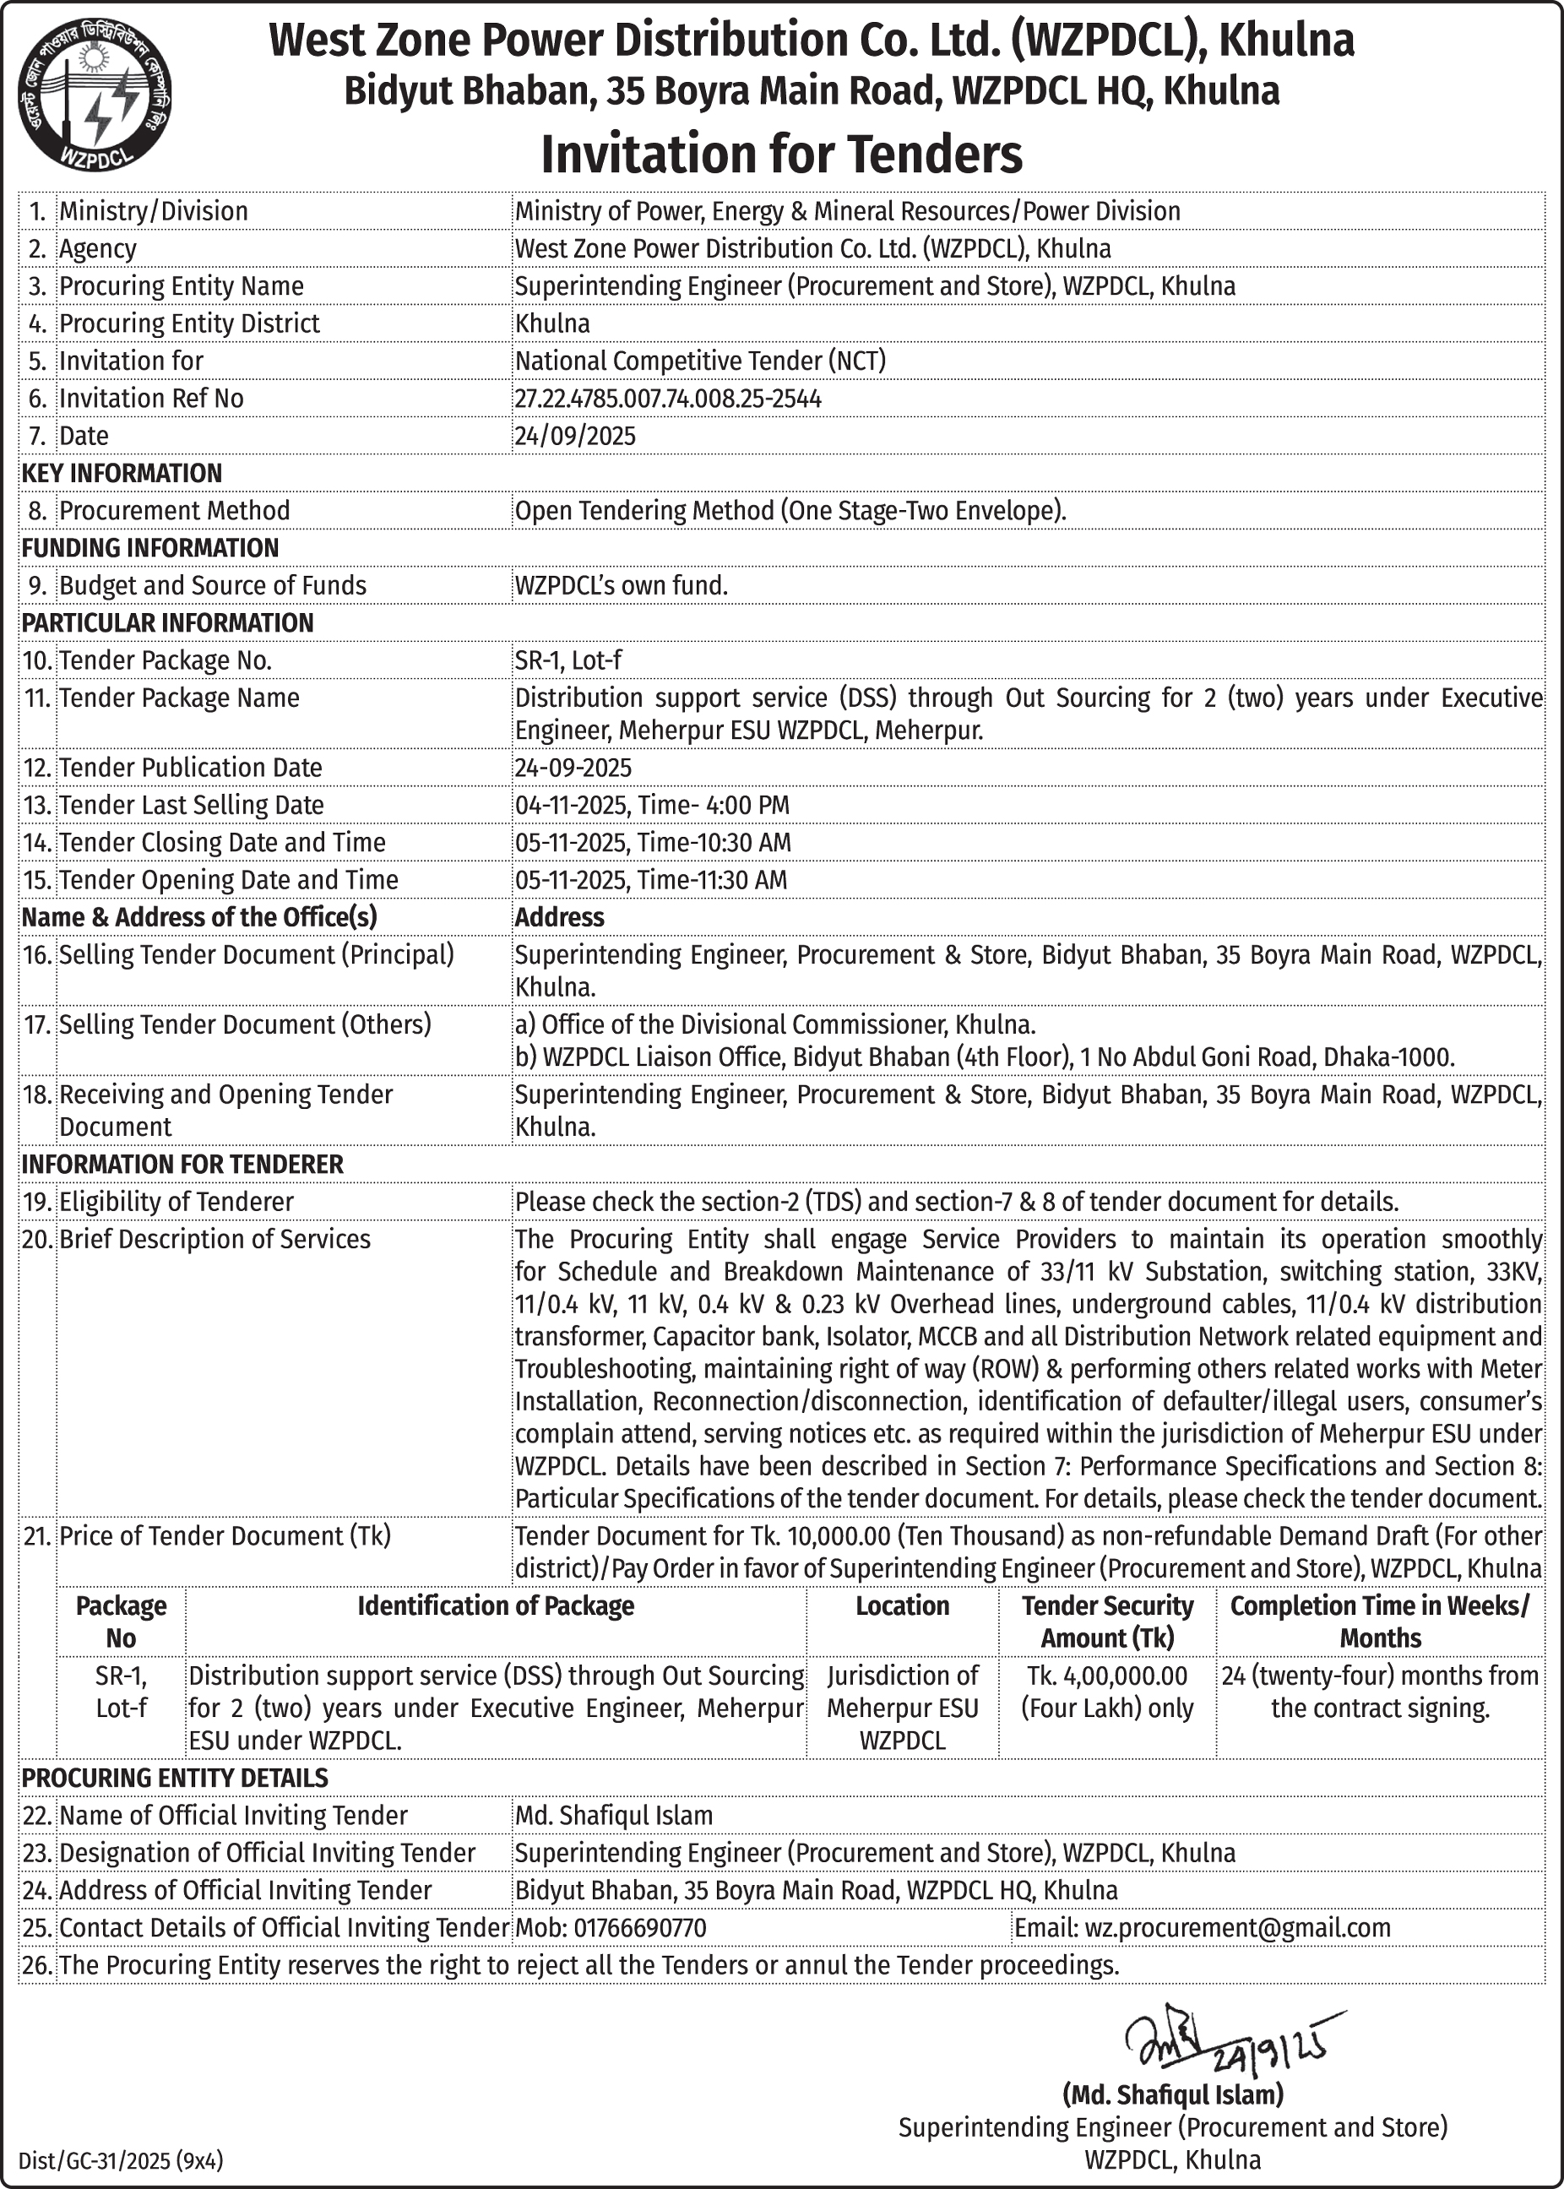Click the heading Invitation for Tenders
[x=781, y=154]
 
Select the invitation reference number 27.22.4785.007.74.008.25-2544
[x=667, y=399]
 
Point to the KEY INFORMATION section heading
[x=122, y=473]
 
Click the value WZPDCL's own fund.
[x=622, y=585]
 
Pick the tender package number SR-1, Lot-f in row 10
[x=567, y=660]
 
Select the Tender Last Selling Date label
[x=191, y=805]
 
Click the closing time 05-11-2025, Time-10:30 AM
[x=652, y=843]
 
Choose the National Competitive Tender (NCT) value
[x=700, y=361]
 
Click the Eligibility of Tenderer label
[x=176, y=1202]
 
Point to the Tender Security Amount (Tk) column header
[x=1106, y=1621]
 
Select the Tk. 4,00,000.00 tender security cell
[x=1106, y=1692]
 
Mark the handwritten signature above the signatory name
[x=1223, y=2043]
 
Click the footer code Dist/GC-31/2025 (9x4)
[x=121, y=2161]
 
